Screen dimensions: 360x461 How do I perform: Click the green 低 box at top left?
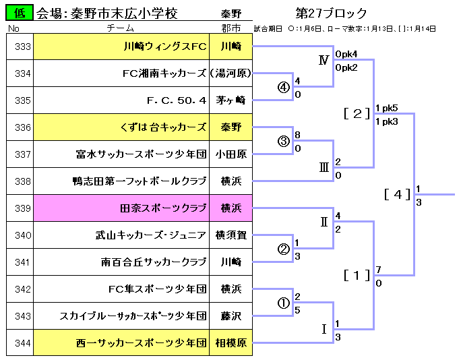[18, 13]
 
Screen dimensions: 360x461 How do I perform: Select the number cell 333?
[22, 47]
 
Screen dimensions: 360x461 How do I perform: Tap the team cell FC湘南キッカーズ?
[164, 73]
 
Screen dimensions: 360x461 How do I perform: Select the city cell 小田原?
[230, 154]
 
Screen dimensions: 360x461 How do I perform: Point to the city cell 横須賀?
[230, 235]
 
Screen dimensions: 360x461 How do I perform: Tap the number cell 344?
[22, 343]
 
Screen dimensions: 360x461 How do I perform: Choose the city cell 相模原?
[230, 343]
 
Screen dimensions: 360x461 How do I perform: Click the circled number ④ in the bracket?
[284, 88]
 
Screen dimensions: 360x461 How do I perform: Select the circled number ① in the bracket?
[284, 303]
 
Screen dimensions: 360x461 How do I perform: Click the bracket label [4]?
[396, 195]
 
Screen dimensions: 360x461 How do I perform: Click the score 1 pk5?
[387, 108]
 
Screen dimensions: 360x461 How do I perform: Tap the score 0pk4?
[346, 54]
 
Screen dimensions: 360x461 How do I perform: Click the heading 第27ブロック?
[332, 13]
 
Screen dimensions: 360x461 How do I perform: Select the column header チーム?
[121, 29]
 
